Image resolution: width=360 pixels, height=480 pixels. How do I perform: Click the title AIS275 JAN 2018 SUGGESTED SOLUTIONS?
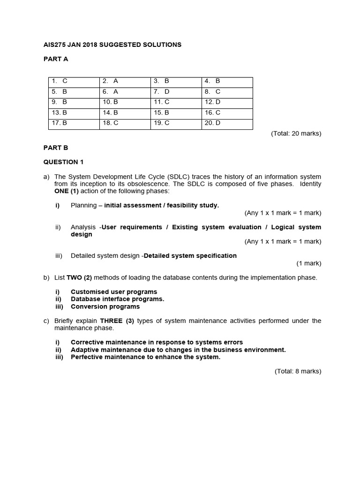[112, 45]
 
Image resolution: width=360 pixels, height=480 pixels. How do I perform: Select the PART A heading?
[56, 59]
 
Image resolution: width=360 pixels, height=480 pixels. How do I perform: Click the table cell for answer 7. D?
[176, 92]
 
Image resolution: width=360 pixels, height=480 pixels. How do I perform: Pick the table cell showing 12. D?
[227, 102]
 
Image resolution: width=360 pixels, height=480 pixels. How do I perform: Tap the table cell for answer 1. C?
[74, 81]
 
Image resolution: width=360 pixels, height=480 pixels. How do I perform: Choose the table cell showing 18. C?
[125, 123]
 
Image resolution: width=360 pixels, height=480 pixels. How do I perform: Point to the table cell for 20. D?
[227, 123]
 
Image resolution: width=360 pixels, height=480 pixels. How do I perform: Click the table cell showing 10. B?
[125, 102]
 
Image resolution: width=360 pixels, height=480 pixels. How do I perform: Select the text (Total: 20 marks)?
[296, 134]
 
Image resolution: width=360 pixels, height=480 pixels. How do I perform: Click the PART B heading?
[56, 148]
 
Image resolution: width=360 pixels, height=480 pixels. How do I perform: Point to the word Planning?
[83, 205]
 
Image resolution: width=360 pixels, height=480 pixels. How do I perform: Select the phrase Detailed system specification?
[190, 256]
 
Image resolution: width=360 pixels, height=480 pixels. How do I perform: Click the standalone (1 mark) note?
[308, 263]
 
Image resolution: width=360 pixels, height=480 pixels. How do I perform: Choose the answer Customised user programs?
[114, 292]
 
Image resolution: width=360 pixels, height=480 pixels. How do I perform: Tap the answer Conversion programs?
[105, 307]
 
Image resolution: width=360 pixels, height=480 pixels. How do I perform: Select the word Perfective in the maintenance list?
[88, 357]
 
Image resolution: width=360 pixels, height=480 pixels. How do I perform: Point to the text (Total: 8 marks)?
[298, 371]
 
